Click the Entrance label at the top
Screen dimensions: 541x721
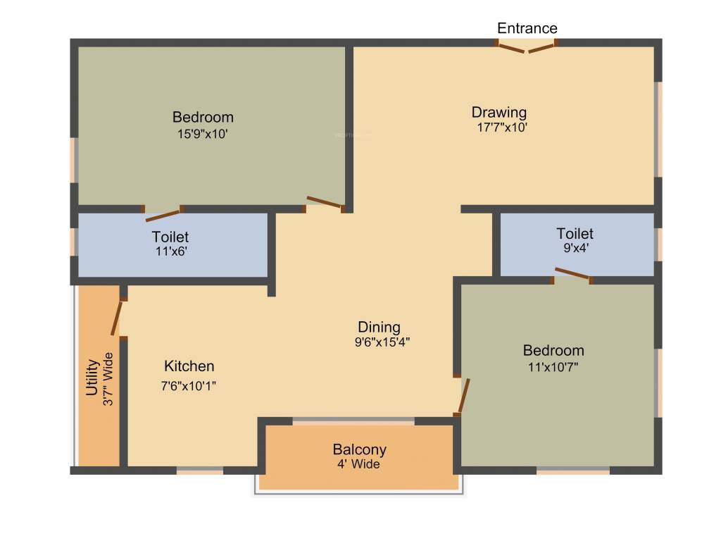527,28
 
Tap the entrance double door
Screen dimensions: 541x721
527,47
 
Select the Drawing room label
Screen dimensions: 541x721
499,112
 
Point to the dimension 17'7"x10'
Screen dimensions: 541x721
501,128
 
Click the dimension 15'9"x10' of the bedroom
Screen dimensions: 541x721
203,133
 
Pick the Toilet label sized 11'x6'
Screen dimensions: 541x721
170,237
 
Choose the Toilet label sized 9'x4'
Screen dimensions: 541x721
575,233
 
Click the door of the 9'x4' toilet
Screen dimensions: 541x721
572,274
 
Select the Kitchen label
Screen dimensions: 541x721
189,366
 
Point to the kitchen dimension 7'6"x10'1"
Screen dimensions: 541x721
189,385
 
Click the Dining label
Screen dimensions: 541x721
379,327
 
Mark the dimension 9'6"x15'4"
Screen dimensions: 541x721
382,343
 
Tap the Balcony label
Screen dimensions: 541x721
359,449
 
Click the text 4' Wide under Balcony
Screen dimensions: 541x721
359,465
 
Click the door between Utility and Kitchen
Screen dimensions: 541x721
117,318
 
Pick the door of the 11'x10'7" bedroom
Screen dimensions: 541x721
463,396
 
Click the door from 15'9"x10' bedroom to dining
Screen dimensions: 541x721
324,203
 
